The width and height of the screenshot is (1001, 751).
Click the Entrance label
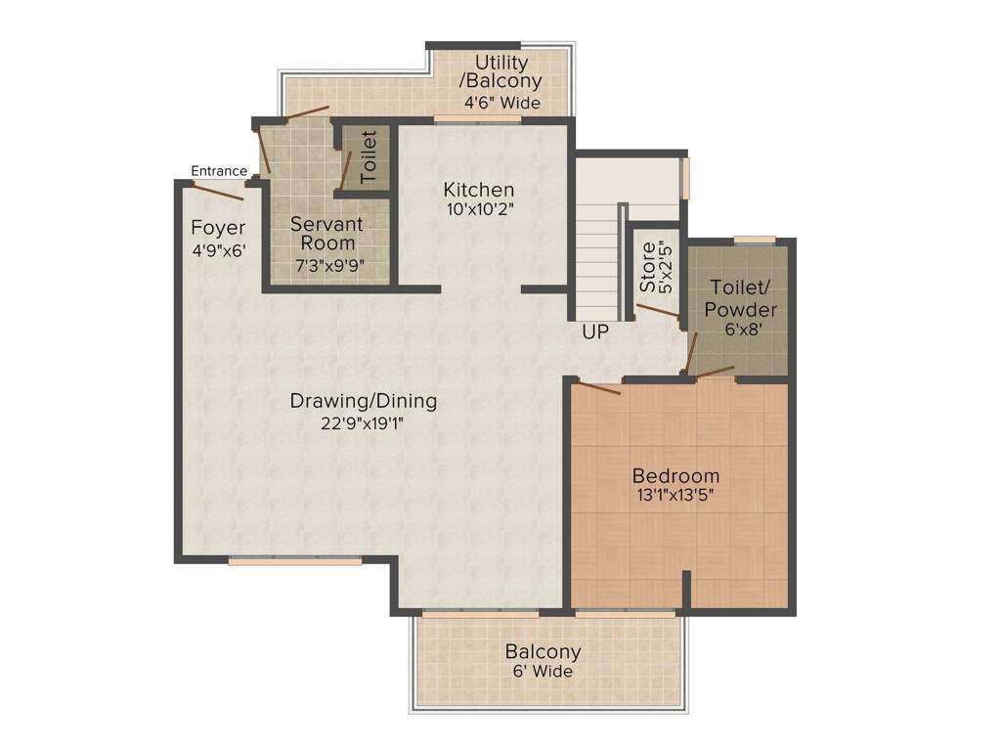click(219, 171)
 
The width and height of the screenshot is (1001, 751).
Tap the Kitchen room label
click(478, 189)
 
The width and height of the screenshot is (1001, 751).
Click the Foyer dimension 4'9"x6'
click(218, 249)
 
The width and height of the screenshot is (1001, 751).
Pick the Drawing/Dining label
click(364, 401)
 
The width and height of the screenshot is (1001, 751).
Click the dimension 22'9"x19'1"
click(363, 422)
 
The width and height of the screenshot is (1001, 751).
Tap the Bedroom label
click(675, 476)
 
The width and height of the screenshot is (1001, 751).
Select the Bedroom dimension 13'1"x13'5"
click(675, 495)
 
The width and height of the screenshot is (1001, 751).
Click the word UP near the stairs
click(595, 331)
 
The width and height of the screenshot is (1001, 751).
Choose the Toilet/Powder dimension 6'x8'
click(743, 330)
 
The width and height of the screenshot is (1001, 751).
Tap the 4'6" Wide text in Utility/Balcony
click(501, 102)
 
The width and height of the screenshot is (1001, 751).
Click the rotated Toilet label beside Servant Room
click(369, 156)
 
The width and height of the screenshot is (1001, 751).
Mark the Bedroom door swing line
click(597, 388)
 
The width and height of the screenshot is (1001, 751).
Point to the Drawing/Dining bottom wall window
click(295, 561)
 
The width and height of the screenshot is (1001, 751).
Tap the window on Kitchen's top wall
click(477, 119)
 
